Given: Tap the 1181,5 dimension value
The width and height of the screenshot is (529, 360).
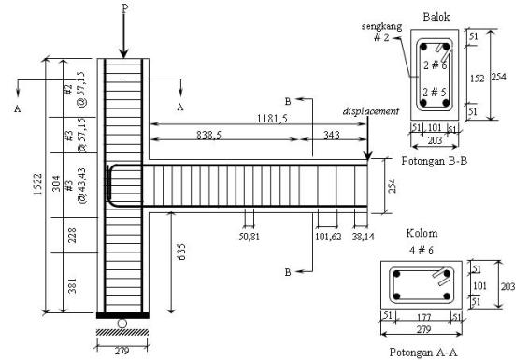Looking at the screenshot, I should [273, 120].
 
